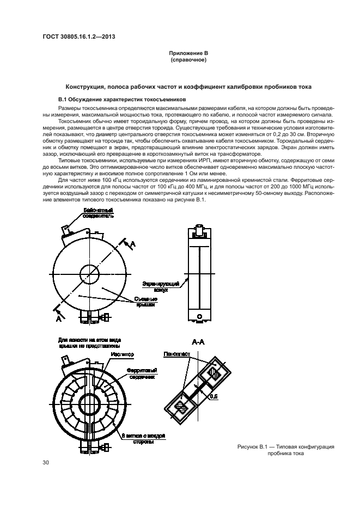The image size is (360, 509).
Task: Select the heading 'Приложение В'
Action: [x=188, y=53]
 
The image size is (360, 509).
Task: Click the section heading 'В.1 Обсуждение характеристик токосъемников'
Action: [x=122, y=100]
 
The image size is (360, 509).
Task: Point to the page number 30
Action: [x=46, y=462]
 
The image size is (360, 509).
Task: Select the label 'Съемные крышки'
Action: [x=143, y=302]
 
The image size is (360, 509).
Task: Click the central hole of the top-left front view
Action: [x=89, y=273]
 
